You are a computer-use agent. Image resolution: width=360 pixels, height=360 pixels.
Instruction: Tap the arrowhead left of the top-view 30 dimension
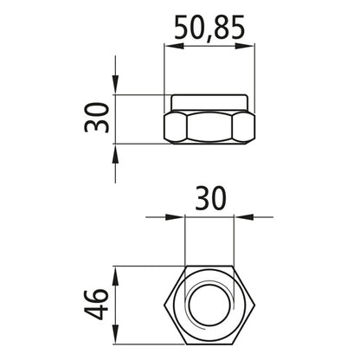[179, 218]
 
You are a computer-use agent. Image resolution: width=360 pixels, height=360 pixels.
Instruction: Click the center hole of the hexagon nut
[209, 304]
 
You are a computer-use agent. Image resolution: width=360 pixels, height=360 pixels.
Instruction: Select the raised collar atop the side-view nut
[209, 101]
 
